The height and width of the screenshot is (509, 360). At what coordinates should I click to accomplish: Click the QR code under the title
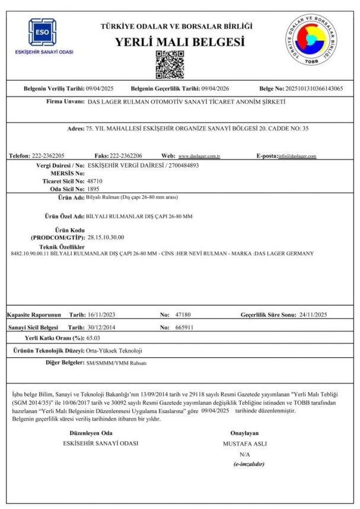tap(166, 65)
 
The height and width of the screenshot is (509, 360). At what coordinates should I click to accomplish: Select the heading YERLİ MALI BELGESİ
tap(180, 42)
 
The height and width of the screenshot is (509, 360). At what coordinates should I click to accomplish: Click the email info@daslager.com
tap(297, 156)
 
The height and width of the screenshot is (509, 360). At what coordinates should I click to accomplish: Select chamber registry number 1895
tap(93, 188)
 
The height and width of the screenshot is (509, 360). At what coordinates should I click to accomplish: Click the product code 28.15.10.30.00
tap(106, 237)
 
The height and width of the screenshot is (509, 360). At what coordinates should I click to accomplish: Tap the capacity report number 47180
tap(182, 314)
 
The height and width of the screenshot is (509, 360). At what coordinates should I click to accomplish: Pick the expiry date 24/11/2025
tap(313, 314)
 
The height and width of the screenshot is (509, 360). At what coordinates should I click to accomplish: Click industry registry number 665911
tap(183, 327)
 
